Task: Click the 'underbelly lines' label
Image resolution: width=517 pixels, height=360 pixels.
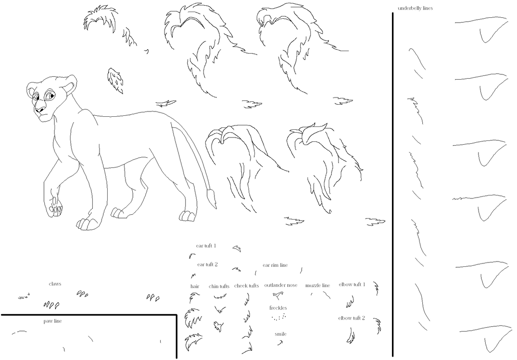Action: coord(415,8)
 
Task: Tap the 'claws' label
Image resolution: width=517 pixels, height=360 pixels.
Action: coord(55,284)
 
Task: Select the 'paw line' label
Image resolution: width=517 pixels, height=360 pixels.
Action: coord(53,321)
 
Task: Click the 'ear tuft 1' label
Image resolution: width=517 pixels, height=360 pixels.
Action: coord(206,246)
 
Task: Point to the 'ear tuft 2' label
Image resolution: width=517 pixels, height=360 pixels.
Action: coord(208,264)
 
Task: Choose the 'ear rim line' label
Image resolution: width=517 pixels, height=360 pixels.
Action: coord(275,265)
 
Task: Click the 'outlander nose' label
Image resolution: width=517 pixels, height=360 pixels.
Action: coord(281,285)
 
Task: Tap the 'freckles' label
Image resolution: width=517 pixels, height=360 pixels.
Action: coord(278,307)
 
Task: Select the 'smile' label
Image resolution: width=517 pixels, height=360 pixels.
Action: coord(280,334)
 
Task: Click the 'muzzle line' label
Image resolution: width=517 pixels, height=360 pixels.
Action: coord(318,285)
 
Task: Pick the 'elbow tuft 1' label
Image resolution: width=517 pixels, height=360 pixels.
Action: coord(352,284)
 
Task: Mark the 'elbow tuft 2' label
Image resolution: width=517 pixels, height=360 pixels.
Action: coord(351,318)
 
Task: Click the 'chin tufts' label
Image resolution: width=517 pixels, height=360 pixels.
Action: coord(219,286)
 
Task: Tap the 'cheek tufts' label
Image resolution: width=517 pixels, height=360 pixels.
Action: coord(247,286)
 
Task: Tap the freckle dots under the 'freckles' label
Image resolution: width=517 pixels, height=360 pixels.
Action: coord(279,317)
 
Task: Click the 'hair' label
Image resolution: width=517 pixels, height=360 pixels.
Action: coord(195,286)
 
